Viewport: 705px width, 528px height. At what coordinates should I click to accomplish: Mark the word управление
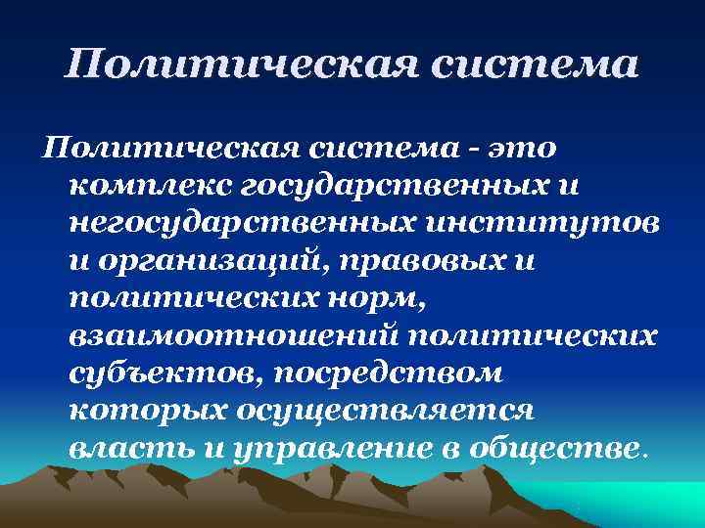click(311, 449)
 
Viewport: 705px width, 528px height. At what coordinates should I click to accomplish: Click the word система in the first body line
click(374, 148)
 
